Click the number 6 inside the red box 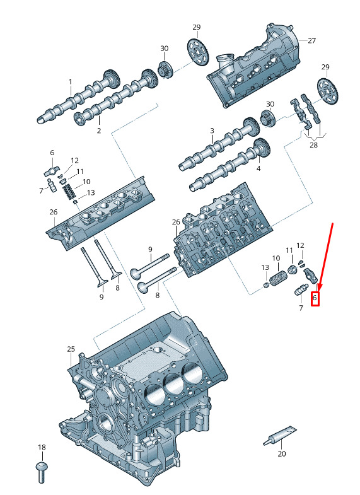pos(315,298)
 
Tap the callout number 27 pos(311,40)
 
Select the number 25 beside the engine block pos(71,349)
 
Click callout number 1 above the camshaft pos(71,82)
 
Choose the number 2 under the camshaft pos(99,131)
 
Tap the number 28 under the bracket pos(313,145)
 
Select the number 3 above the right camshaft pos(212,131)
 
